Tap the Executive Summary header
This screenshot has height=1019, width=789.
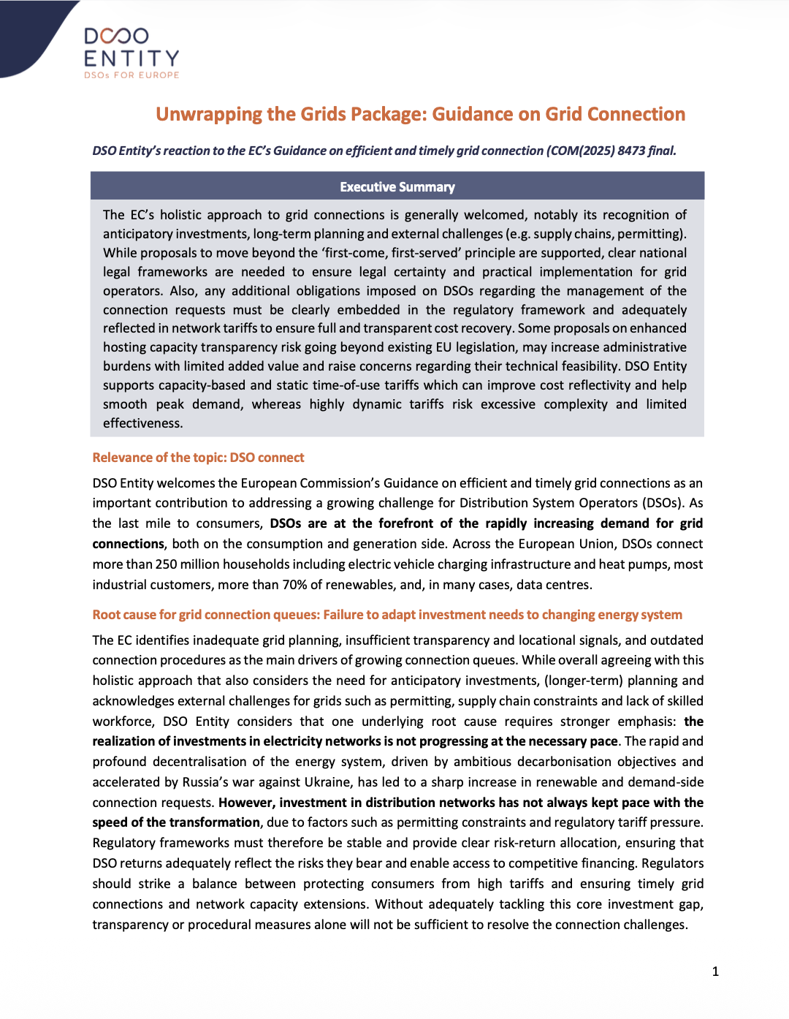pyautogui.click(x=397, y=187)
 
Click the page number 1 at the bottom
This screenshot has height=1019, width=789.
pyautogui.click(x=715, y=971)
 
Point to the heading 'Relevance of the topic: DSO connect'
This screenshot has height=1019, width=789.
pyautogui.click(x=198, y=458)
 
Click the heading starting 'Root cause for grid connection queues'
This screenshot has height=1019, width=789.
pyautogui.click(x=387, y=615)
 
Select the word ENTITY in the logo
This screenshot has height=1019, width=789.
pyautogui.click(x=131, y=58)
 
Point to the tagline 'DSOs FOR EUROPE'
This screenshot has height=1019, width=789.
pyautogui.click(x=131, y=75)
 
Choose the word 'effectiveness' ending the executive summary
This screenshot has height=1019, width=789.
pyautogui.click(x=142, y=423)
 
